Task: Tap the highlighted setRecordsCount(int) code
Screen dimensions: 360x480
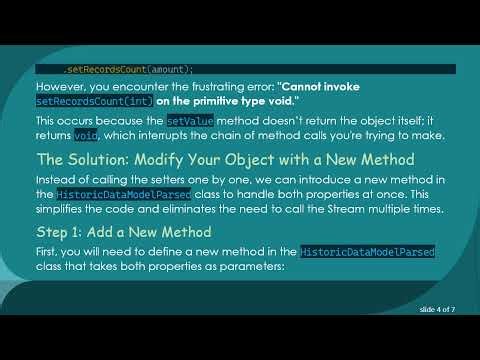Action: pyautogui.click(x=91, y=102)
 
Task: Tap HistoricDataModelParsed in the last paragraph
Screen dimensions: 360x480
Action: pyautogui.click(x=367, y=254)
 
